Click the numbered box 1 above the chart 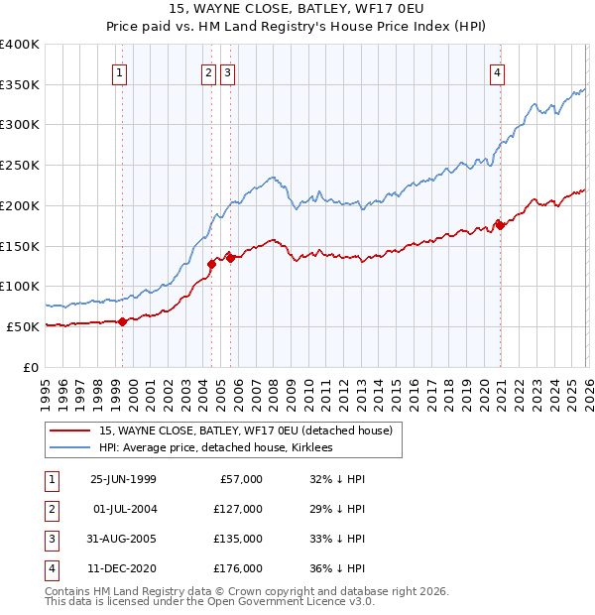[x=119, y=71]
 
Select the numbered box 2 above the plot [x=208, y=71]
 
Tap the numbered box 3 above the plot [x=227, y=71]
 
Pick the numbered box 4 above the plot [x=496, y=71]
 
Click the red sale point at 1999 [x=123, y=320]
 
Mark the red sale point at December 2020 [x=500, y=224]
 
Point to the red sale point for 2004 [x=211, y=264]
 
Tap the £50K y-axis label [x=24, y=326]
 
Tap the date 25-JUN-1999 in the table [x=123, y=479]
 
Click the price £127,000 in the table [x=238, y=509]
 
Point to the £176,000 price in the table [x=238, y=568]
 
